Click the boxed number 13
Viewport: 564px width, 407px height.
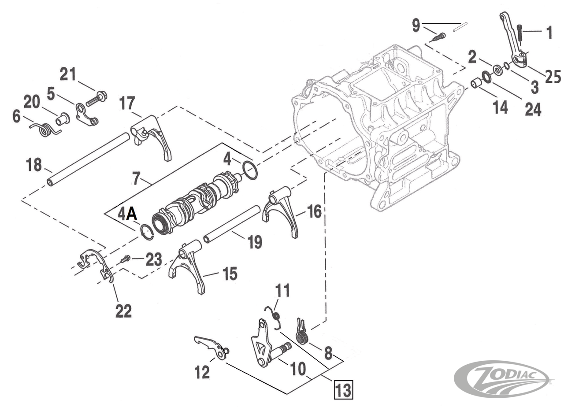point(344,389)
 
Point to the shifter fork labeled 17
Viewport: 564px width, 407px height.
point(152,135)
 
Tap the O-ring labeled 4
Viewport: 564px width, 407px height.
point(250,170)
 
